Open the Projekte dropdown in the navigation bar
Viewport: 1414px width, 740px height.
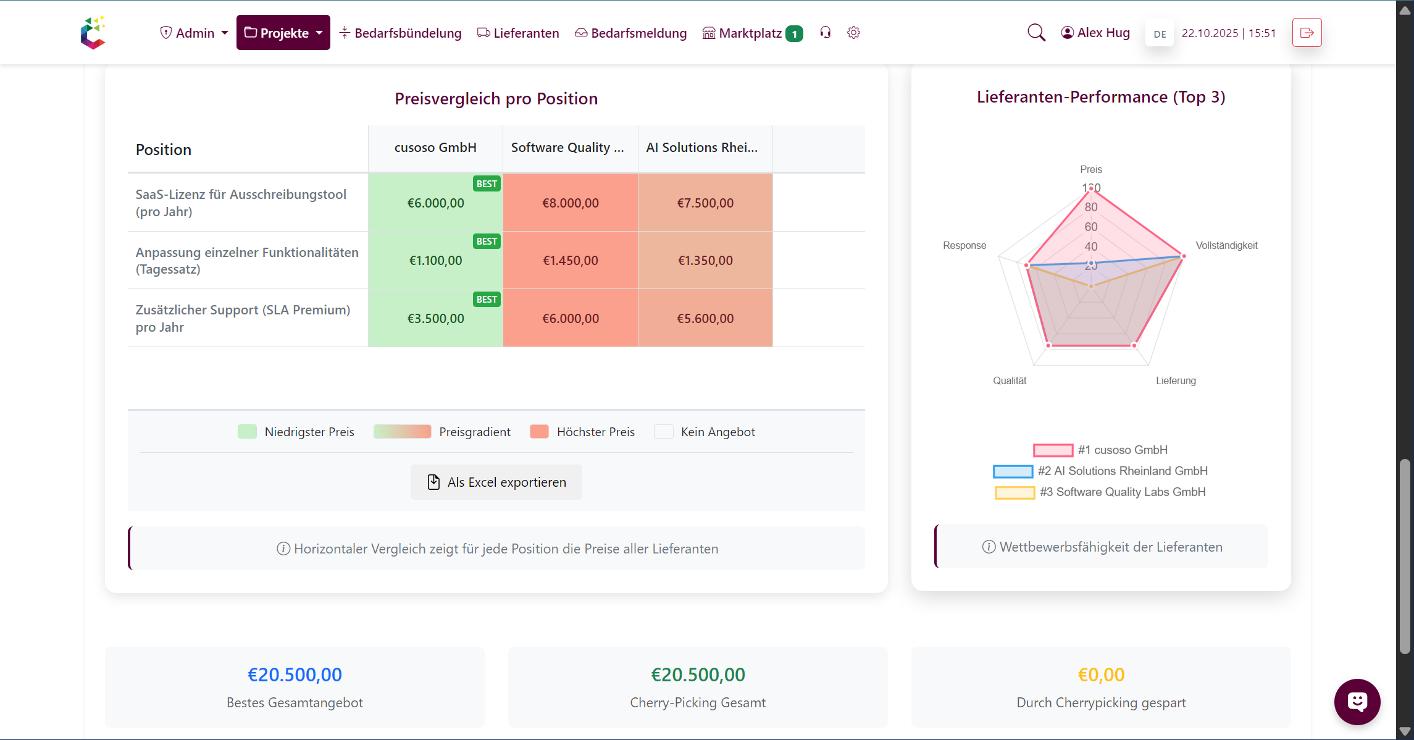click(x=283, y=33)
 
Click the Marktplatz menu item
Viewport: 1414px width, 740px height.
click(x=750, y=33)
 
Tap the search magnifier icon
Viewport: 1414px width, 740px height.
click(x=1036, y=33)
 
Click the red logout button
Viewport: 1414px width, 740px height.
click(x=1307, y=33)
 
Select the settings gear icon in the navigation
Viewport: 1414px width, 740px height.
click(x=853, y=33)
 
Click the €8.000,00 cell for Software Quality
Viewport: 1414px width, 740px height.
click(x=571, y=203)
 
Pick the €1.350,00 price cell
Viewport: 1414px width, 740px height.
click(x=705, y=260)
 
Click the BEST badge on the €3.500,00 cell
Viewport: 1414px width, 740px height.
click(x=487, y=299)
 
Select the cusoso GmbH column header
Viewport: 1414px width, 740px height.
click(x=435, y=148)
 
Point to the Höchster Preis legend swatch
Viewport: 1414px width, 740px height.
click(x=539, y=432)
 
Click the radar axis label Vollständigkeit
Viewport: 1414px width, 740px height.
click(x=1226, y=245)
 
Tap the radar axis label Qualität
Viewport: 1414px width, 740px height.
click(x=1010, y=381)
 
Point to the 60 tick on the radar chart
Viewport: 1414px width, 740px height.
click(x=1091, y=227)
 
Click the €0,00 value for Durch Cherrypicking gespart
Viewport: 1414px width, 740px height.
click(x=1101, y=675)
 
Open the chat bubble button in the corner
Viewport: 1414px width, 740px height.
click(x=1357, y=701)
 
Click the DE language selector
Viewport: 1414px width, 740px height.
click(x=1160, y=34)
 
